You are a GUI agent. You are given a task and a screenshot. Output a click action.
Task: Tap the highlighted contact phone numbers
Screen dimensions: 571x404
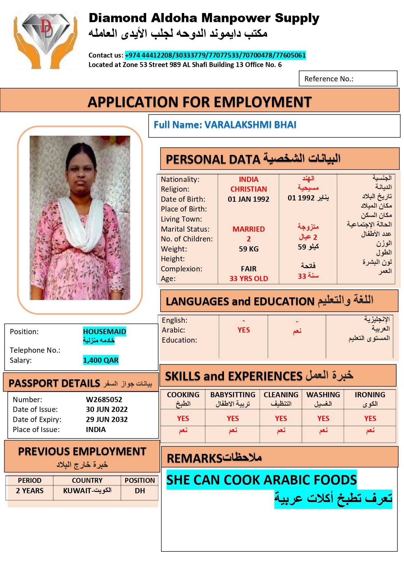[215, 55]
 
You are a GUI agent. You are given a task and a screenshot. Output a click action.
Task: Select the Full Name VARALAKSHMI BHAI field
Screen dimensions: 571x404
[225, 125]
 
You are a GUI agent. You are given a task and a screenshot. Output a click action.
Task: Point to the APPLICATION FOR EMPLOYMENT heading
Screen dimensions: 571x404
[200, 102]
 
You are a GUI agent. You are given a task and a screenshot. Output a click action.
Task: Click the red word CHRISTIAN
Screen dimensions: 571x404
[248, 189]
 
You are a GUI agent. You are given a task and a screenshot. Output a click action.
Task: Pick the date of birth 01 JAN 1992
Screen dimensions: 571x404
[248, 199]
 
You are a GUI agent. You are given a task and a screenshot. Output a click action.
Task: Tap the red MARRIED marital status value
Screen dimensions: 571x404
[248, 229]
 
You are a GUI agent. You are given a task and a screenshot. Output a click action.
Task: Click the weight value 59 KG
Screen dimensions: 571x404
[248, 249]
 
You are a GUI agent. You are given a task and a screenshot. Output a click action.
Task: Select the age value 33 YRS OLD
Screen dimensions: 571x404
[248, 279]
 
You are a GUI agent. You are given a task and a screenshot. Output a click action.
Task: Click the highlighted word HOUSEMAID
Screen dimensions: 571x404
[104, 332]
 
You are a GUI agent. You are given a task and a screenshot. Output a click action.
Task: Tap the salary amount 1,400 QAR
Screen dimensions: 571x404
[101, 360]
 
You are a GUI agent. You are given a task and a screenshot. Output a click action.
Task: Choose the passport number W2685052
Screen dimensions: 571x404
[104, 400]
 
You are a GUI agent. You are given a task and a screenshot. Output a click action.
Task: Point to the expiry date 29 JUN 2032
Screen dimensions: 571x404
[106, 420]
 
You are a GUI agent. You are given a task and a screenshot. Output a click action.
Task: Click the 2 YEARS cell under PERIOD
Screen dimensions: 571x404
[30, 491]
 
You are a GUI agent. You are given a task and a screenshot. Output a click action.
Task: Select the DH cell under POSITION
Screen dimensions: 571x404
[140, 491]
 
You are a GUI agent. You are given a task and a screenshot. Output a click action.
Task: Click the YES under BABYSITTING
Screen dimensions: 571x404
[232, 419]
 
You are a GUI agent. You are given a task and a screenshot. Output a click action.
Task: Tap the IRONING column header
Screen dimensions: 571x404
[370, 395]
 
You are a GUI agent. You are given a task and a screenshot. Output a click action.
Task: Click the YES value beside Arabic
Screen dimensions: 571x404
[244, 330]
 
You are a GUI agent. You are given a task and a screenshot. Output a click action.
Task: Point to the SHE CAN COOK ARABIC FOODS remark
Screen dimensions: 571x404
[261, 480]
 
